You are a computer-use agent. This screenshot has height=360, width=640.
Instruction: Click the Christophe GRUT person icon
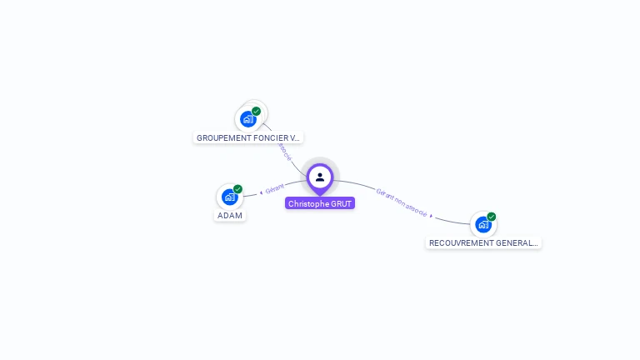[320, 177]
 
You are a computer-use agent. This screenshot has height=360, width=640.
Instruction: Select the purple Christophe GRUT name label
[320, 203]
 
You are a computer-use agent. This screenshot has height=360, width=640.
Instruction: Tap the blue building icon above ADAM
[230, 197]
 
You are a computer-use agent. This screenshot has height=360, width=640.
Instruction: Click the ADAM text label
[230, 216]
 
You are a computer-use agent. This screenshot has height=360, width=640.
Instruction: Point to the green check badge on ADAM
[237, 189]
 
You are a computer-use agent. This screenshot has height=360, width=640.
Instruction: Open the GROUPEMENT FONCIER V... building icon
[248, 119]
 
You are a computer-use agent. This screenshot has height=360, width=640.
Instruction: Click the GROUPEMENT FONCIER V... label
[248, 137]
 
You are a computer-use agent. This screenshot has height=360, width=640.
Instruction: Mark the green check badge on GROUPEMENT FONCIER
[256, 111]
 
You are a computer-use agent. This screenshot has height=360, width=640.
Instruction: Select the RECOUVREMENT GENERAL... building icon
[483, 224]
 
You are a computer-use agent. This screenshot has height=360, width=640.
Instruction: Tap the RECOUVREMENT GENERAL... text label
[483, 242]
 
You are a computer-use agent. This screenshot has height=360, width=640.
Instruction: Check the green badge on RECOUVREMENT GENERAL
[492, 217]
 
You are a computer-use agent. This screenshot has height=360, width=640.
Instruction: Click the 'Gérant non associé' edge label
[401, 202]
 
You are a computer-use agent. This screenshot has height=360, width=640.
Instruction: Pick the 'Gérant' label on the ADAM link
[275, 187]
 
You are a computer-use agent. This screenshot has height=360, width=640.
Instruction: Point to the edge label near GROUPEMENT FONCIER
[284, 151]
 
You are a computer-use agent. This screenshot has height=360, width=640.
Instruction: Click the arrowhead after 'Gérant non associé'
[432, 215]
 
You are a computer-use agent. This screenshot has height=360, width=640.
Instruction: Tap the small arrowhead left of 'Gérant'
[262, 192]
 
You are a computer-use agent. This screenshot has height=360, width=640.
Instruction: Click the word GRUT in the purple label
[342, 203]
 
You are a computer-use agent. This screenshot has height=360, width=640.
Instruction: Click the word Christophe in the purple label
[308, 203]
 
